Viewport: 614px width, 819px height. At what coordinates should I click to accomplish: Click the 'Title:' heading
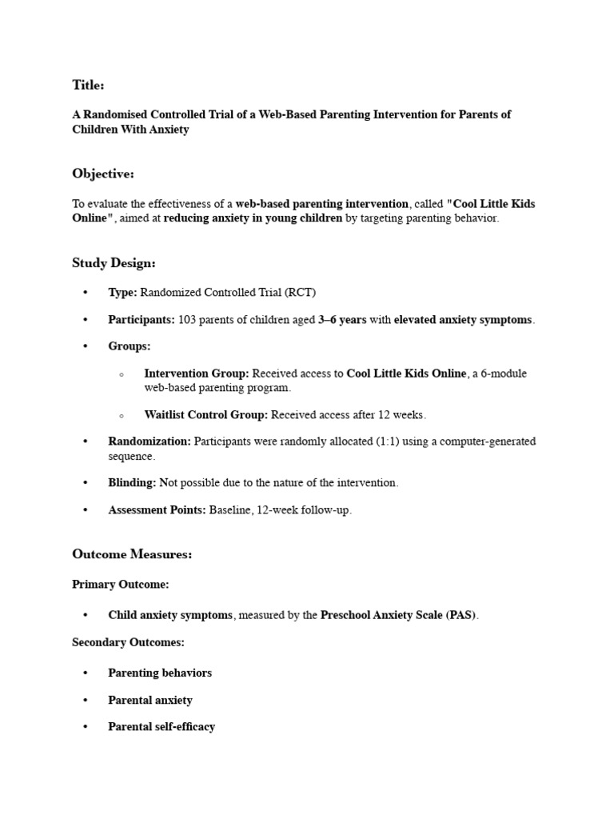click(88, 85)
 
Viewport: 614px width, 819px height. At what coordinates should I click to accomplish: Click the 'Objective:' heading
click(103, 174)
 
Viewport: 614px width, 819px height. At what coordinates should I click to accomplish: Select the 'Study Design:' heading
click(114, 262)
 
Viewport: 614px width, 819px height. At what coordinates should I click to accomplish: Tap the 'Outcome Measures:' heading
click(132, 553)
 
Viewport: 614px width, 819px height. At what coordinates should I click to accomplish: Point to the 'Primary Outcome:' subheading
click(121, 585)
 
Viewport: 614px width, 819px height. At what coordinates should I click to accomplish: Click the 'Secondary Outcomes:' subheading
click(128, 642)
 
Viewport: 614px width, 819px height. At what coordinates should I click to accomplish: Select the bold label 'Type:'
click(122, 293)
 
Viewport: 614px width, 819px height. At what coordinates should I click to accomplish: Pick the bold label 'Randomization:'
click(150, 441)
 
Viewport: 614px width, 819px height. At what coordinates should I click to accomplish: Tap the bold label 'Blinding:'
click(132, 483)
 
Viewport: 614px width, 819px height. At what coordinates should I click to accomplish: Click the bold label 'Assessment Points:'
click(157, 510)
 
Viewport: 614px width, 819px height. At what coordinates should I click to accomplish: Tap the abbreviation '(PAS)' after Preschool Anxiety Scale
click(460, 615)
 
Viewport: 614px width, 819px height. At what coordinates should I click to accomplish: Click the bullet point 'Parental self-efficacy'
click(161, 727)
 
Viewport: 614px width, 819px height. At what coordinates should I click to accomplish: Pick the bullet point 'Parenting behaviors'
click(160, 673)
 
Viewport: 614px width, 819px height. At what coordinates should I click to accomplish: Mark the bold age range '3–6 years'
click(342, 320)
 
